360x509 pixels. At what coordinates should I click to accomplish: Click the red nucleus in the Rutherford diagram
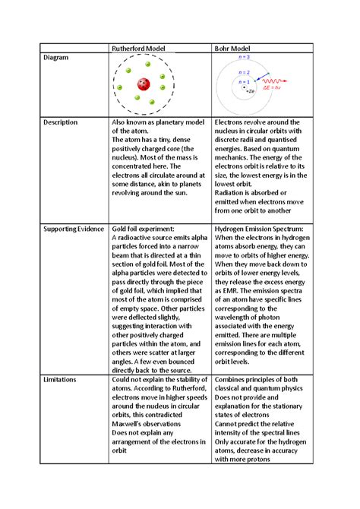coord(143,84)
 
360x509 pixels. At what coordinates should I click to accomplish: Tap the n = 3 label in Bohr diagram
coord(244,57)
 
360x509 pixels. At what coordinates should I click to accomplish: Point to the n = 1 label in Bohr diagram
coord(245,81)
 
